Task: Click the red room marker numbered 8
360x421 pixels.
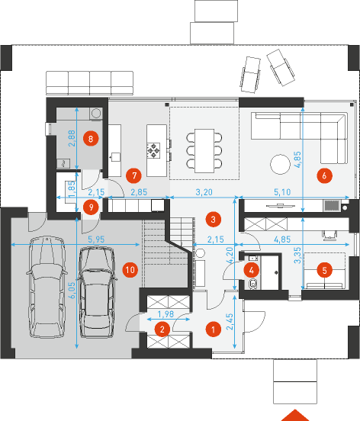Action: (91, 139)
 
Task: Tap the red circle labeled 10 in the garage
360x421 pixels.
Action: (130, 269)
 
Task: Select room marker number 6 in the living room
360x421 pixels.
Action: (324, 175)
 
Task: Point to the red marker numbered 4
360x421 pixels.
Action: (252, 270)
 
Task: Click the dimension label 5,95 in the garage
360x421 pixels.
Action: (96, 239)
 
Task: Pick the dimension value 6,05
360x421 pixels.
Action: (72, 290)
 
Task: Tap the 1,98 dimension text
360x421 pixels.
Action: (166, 313)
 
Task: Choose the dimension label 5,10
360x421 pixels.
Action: (282, 192)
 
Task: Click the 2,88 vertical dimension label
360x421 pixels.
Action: (72, 138)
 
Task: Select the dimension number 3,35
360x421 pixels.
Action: (297, 255)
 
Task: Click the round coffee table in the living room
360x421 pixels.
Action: (280, 164)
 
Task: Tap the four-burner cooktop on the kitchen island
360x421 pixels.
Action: (153, 150)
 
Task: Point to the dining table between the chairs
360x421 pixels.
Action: (204, 150)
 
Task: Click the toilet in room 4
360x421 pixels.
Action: (252, 284)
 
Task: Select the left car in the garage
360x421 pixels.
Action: (47, 287)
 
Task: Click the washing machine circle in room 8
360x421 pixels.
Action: (96, 113)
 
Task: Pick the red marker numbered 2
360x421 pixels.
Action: (162, 329)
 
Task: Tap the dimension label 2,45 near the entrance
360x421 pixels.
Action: (230, 322)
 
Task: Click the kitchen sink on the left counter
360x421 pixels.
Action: (116, 157)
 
